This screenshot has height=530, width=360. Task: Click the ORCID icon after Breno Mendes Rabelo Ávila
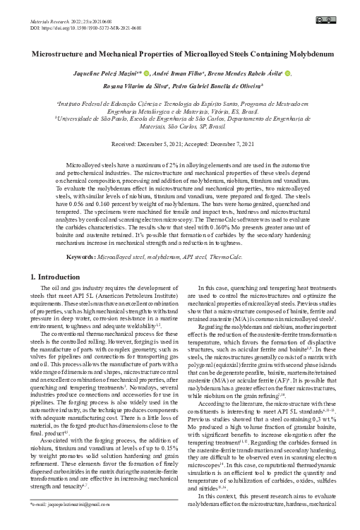pyautogui.click(x=288, y=73)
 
